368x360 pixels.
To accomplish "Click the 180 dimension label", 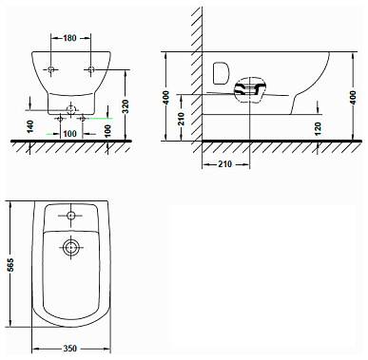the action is [x=69, y=38].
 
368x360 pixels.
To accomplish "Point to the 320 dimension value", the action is [x=126, y=106].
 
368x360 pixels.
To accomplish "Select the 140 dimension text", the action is [x=30, y=126].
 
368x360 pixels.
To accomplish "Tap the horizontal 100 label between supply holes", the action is [x=69, y=134].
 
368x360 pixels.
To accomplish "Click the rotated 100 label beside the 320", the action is [x=107, y=129].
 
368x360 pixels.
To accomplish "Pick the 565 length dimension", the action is [x=10, y=265].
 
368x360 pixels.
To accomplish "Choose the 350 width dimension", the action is [x=69, y=349].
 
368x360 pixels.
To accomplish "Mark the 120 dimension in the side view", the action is [x=319, y=128].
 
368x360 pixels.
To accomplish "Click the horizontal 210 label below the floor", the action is [x=224, y=164].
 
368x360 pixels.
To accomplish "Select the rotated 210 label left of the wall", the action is [x=181, y=119].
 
